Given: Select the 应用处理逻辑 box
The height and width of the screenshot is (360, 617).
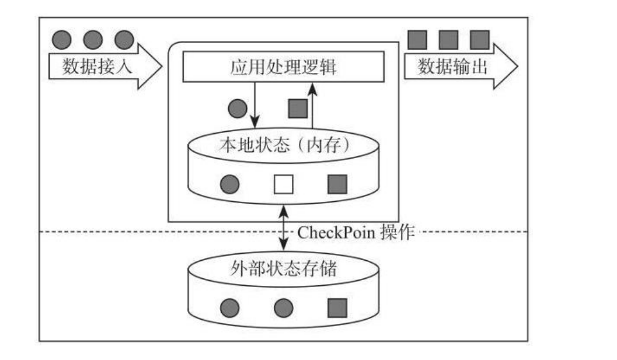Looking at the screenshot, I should pyautogui.click(x=284, y=67).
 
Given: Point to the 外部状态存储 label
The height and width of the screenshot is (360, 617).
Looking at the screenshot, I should pyautogui.click(x=284, y=269).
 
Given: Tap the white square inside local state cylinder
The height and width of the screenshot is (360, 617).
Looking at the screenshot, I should pyautogui.click(x=284, y=184).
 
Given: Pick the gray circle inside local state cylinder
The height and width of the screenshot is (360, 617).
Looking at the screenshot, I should pyautogui.click(x=230, y=184).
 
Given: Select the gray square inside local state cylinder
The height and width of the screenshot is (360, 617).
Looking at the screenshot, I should pyautogui.click(x=337, y=184).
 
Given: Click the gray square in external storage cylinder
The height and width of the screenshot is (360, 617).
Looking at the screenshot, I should pyautogui.click(x=337, y=307).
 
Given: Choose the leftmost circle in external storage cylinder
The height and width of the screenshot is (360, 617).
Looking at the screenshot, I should pyautogui.click(x=230, y=307).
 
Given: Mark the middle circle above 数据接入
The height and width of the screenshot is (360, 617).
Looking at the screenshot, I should pyautogui.click(x=93, y=40).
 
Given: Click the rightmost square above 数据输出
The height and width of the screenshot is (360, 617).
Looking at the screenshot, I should pyautogui.click(x=479, y=40).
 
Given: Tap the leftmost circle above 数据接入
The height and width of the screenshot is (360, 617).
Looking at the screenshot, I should pyautogui.click(x=62, y=40).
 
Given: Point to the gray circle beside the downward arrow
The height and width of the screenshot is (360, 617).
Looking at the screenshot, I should pyautogui.click(x=236, y=108).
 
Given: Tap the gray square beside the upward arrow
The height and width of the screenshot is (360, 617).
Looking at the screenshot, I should pyautogui.click(x=298, y=108).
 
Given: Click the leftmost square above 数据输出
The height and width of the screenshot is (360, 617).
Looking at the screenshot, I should pyautogui.click(x=417, y=40).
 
